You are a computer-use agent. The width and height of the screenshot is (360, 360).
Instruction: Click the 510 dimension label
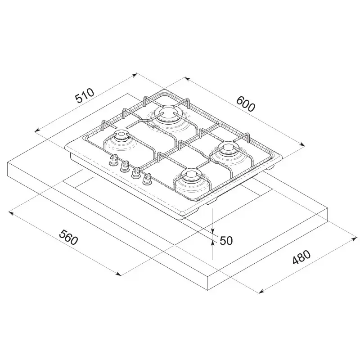(85, 97)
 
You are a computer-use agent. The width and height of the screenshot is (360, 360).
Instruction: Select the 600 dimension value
(245, 104)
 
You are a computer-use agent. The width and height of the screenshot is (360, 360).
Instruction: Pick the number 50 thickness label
(226, 241)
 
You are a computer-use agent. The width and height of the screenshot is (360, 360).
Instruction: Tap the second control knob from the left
(125, 166)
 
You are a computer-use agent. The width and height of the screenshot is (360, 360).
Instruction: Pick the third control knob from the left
(135, 173)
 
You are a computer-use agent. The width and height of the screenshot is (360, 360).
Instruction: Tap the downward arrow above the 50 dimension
(212, 232)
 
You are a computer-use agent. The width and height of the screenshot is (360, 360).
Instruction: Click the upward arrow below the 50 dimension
(212, 243)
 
